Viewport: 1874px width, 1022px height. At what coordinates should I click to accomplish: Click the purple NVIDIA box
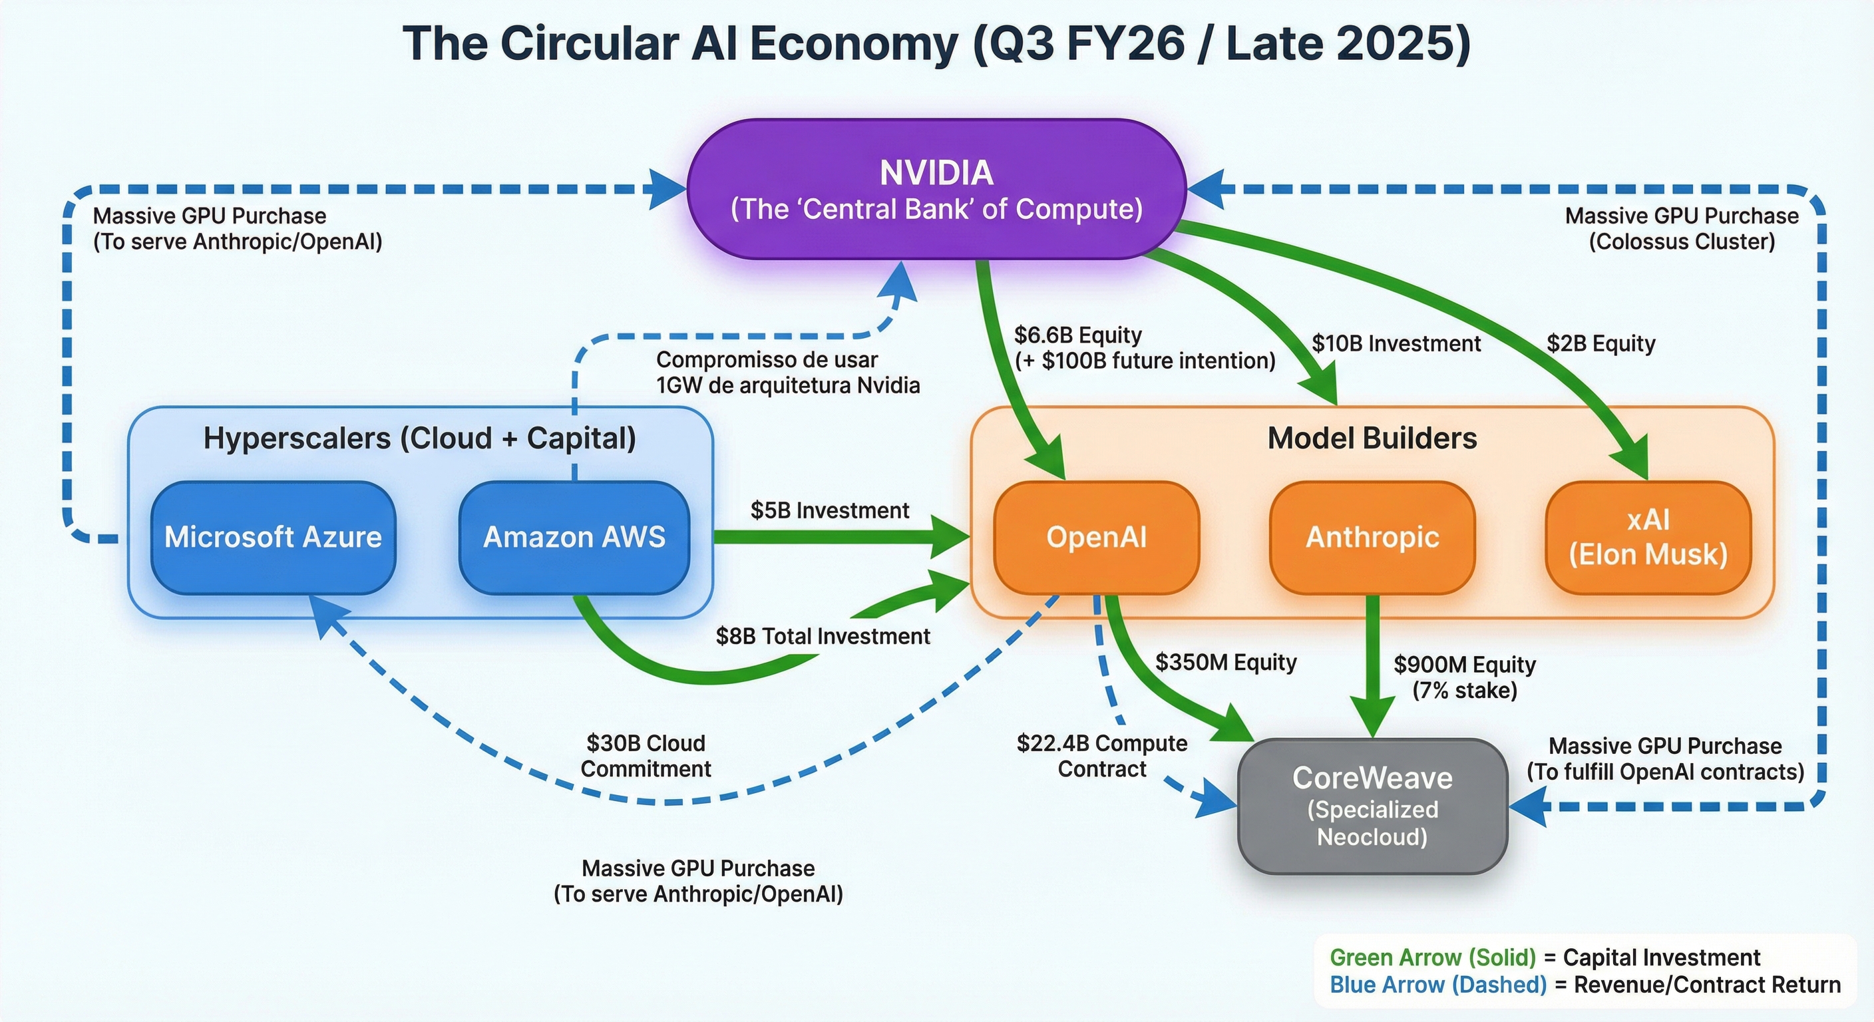936,190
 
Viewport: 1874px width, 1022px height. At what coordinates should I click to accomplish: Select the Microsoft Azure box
273,537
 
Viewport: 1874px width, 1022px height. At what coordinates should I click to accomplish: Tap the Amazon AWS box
574,537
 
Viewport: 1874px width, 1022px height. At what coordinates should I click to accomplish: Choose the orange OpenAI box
1095,537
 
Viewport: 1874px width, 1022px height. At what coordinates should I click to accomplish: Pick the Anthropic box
1372,537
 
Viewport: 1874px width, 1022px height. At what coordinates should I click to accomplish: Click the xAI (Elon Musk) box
1648,537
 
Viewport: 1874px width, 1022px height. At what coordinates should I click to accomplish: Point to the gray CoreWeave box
1372,806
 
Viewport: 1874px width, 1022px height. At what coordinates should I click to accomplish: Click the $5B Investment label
829,510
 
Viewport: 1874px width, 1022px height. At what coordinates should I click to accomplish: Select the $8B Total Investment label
823,637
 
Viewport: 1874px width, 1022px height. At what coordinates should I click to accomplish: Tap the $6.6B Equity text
1077,335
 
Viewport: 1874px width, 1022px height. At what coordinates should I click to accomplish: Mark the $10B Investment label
1396,343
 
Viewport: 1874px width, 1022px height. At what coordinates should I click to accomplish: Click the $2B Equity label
1600,343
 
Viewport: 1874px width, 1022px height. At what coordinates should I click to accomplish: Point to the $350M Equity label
1226,662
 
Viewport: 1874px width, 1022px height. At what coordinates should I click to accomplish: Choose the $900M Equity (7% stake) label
1465,677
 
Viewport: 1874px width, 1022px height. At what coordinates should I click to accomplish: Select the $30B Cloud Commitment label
646,756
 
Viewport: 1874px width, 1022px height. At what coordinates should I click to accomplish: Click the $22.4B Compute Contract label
1101,756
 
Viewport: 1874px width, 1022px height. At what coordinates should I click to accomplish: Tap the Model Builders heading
1372,438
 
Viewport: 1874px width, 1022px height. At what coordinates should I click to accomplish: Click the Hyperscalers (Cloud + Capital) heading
420,438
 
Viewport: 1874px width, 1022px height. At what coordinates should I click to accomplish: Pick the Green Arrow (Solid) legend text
1432,957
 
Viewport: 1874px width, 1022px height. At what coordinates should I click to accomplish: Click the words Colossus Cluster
1681,242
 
